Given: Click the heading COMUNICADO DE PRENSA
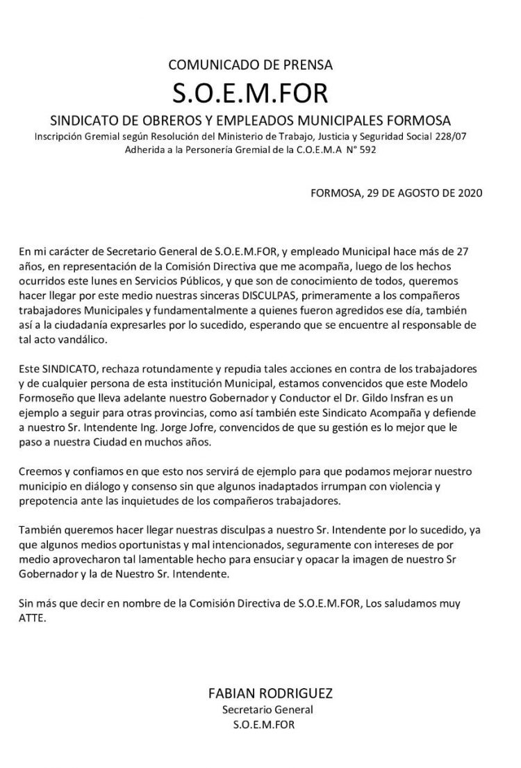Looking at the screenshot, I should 251,65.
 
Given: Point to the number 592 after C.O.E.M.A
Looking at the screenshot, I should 366,149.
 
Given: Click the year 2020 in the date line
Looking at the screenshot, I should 465,193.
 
